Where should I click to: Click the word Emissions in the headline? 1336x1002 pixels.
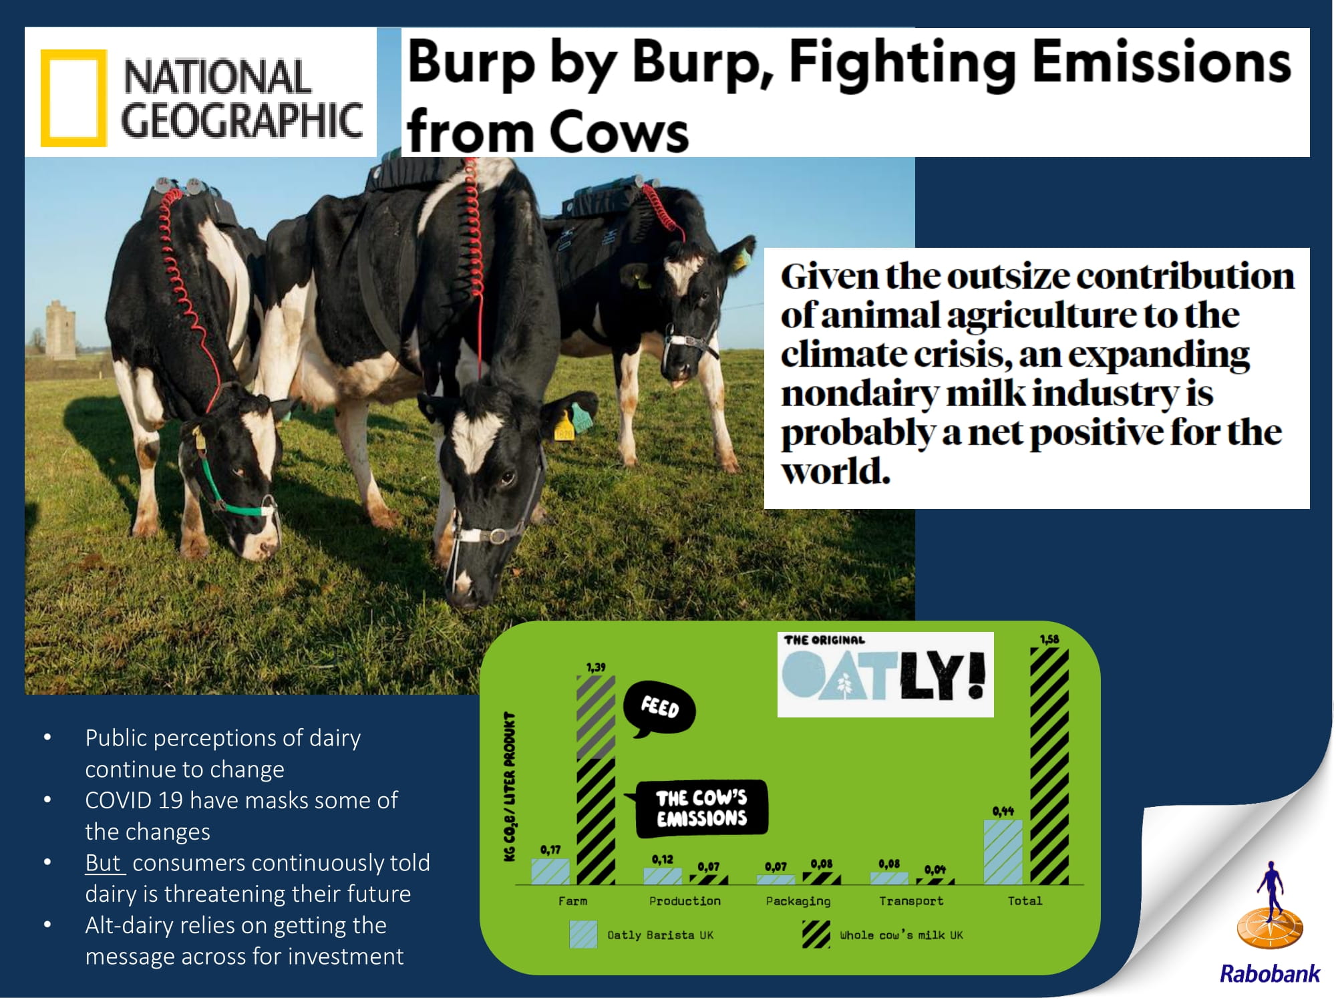click(x=1162, y=63)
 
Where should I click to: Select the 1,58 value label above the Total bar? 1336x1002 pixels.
click(x=1049, y=639)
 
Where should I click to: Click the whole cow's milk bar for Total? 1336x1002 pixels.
click(x=1049, y=766)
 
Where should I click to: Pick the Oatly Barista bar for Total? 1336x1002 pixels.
click(x=1003, y=852)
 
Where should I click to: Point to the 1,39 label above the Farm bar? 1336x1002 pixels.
click(x=596, y=667)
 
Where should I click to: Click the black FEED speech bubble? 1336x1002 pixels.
click(x=659, y=710)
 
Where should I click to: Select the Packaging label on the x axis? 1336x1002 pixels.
click(x=798, y=901)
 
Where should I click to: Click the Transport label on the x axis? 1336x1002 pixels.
click(x=911, y=901)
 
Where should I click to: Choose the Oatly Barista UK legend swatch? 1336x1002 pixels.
click(x=583, y=935)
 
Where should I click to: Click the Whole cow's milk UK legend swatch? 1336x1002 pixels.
click(x=816, y=935)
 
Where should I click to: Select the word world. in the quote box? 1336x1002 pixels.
click(x=836, y=472)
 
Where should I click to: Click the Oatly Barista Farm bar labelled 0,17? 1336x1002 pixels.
click(x=550, y=872)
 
